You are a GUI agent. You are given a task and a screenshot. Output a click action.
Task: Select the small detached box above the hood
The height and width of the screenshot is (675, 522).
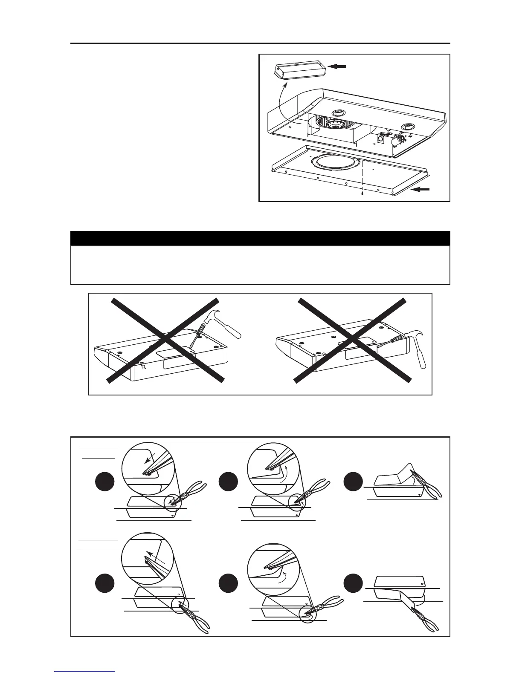(301, 70)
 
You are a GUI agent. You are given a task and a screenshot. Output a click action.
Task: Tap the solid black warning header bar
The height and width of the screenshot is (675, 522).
(260, 238)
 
